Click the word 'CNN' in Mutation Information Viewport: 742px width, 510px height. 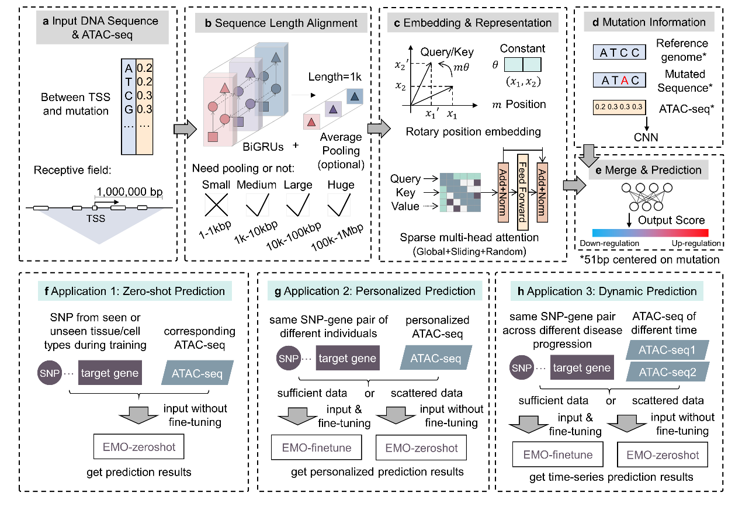pyautogui.click(x=646, y=138)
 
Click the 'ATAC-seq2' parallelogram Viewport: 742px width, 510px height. pyautogui.click(x=667, y=372)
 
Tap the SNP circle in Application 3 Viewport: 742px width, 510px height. pyautogui.click(x=521, y=368)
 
